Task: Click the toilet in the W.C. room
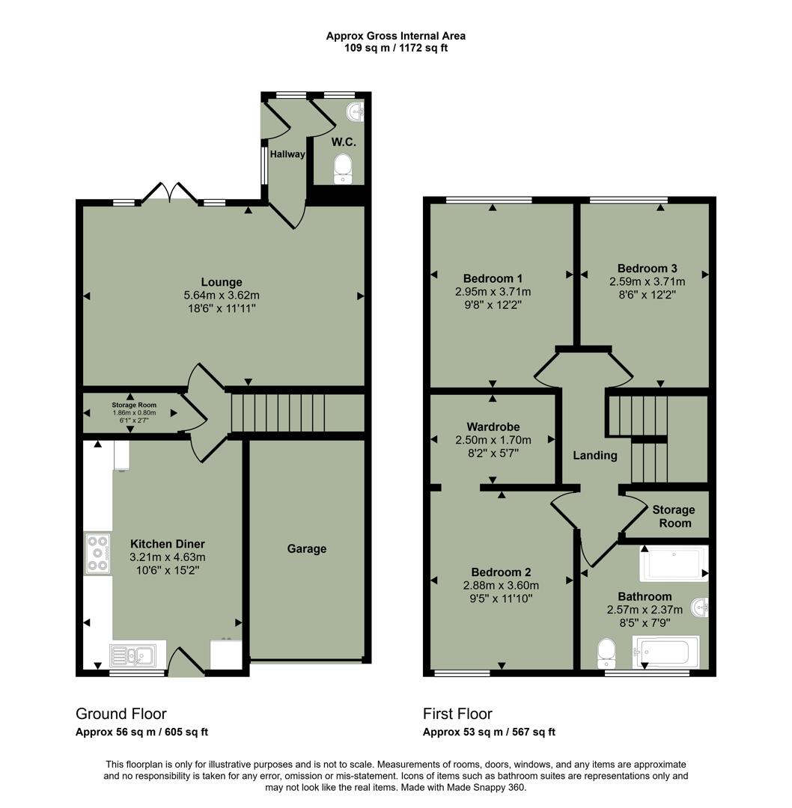coord(343,168)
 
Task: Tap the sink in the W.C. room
coord(356,112)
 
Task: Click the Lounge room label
coord(222,282)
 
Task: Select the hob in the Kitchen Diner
coord(97,553)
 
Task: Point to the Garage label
coord(307,548)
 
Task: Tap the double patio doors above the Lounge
coord(171,192)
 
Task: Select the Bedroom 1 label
coord(493,278)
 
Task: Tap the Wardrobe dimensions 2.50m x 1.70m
coord(493,440)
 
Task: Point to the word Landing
coord(595,455)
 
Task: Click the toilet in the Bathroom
coord(605,653)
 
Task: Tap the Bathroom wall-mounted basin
coord(699,605)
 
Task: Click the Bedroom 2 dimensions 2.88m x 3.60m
coord(502,585)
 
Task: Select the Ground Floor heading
coord(121,714)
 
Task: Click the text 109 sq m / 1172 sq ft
coord(396,48)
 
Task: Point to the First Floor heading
coord(457,714)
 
